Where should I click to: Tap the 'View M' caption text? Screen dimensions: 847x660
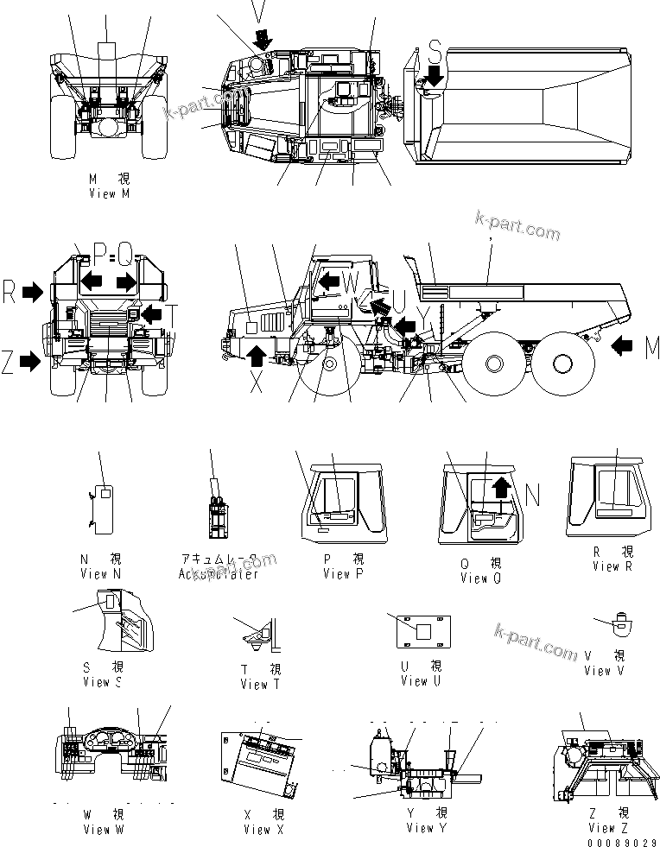tap(109, 194)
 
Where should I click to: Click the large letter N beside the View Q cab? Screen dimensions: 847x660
tap(532, 494)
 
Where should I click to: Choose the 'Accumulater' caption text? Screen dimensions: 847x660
tap(218, 574)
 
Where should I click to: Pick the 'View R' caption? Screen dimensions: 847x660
tap(612, 566)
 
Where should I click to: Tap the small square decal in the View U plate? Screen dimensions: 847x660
tap(422, 632)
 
